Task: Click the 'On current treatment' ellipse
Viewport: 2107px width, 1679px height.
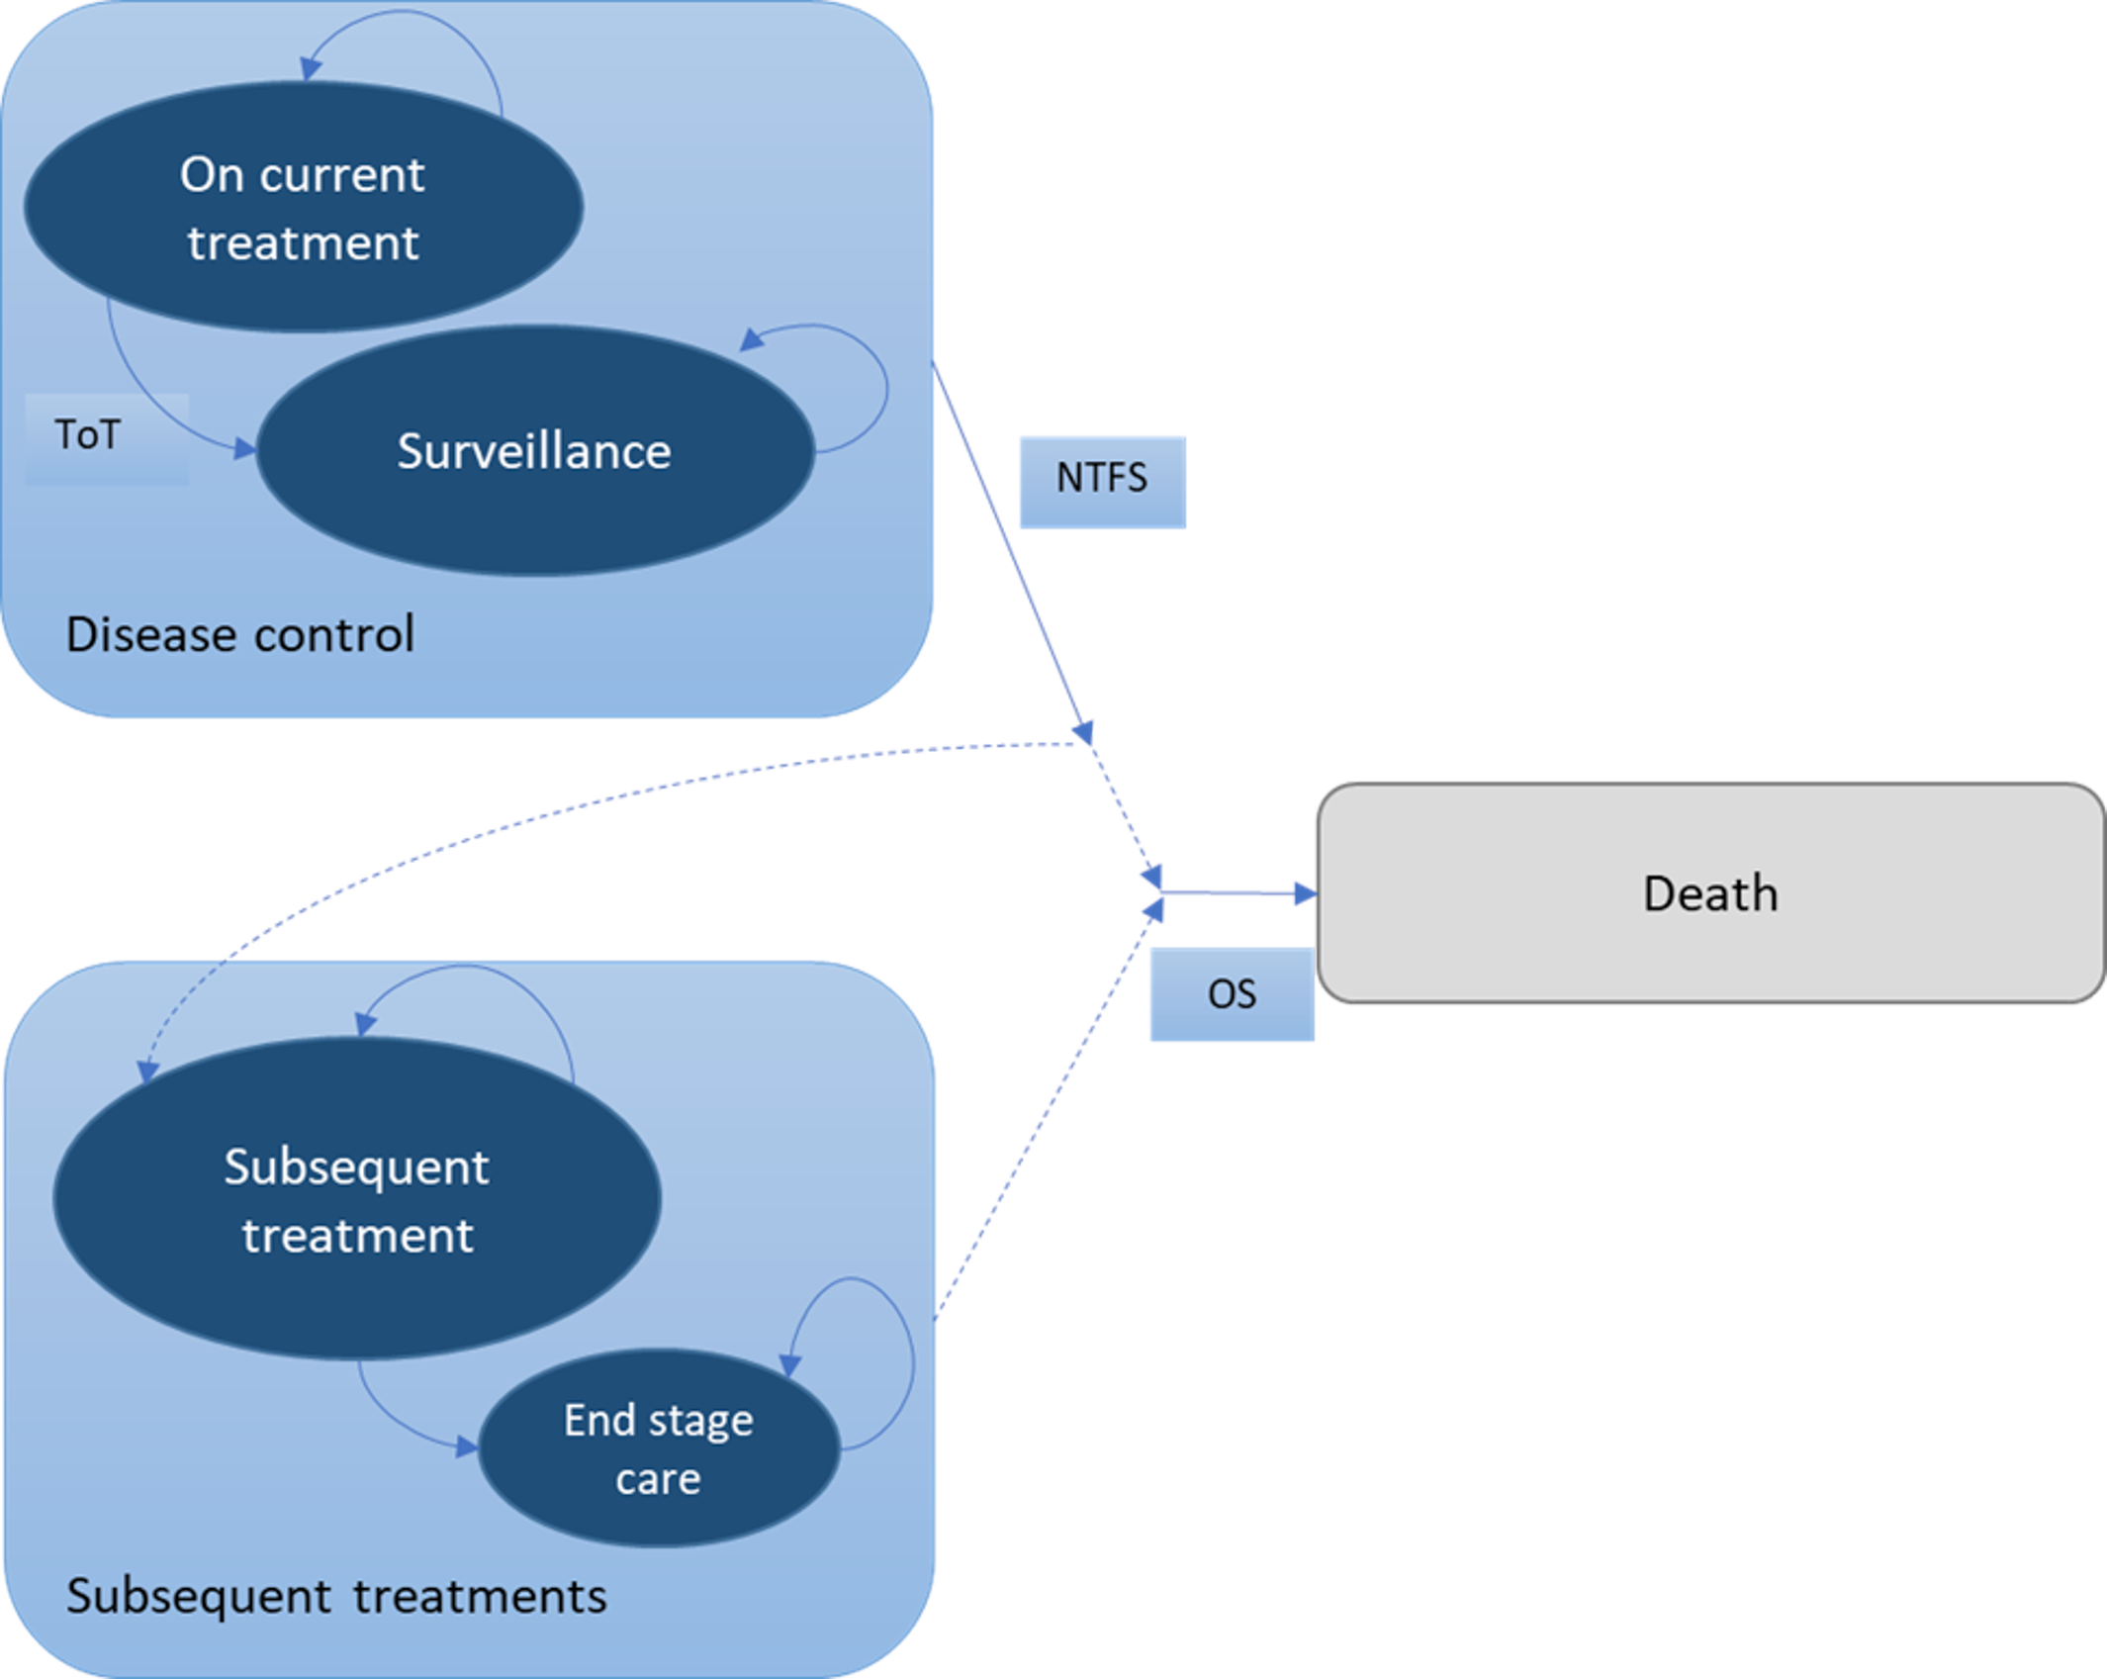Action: (303, 207)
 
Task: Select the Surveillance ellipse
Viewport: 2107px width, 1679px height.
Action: (534, 451)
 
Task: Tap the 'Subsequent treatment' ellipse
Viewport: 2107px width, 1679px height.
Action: (356, 1199)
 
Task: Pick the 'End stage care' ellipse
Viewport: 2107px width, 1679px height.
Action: (659, 1448)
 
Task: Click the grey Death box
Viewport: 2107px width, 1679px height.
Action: (1709, 892)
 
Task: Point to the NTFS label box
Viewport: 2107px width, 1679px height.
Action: (1102, 481)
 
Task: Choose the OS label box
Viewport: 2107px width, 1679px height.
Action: (1232, 993)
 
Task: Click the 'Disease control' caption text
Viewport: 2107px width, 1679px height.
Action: (239, 634)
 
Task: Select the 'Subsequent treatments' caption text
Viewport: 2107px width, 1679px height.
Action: (336, 1596)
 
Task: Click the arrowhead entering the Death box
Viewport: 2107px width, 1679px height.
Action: (1306, 893)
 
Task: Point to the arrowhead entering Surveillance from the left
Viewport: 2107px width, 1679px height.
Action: (243, 450)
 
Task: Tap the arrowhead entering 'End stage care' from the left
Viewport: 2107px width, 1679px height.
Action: (466, 1447)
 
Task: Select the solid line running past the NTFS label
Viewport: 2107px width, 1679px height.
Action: (1009, 544)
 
